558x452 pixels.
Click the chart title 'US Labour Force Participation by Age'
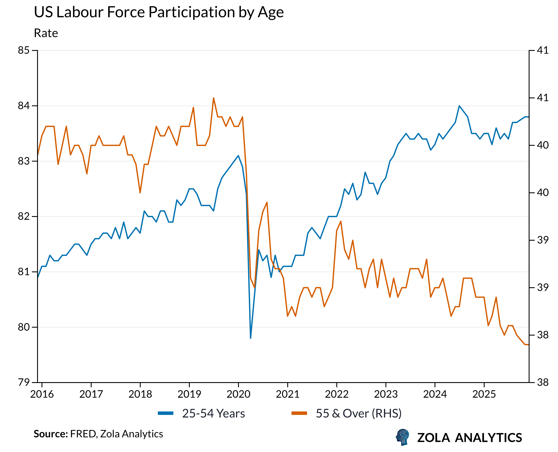tap(158, 12)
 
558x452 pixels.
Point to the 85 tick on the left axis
tap(24, 50)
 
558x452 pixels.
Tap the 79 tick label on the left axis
tap(24, 383)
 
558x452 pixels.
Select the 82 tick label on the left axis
tap(24, 216)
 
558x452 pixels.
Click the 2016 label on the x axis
tap(42, 394)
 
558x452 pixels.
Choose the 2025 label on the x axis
tap(484, 394)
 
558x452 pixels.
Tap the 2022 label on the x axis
tap(337, 394)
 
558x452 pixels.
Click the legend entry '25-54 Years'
tap(213, 413)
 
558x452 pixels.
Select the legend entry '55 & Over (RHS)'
tap(358, 413)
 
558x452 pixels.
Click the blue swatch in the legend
tap(166, 413)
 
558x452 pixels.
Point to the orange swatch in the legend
tap(299, 413)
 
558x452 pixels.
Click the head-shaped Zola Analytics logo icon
tap(402, 437)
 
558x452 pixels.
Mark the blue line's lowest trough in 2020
tap(250, 338)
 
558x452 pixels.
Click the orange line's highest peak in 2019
tap(213, 98)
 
